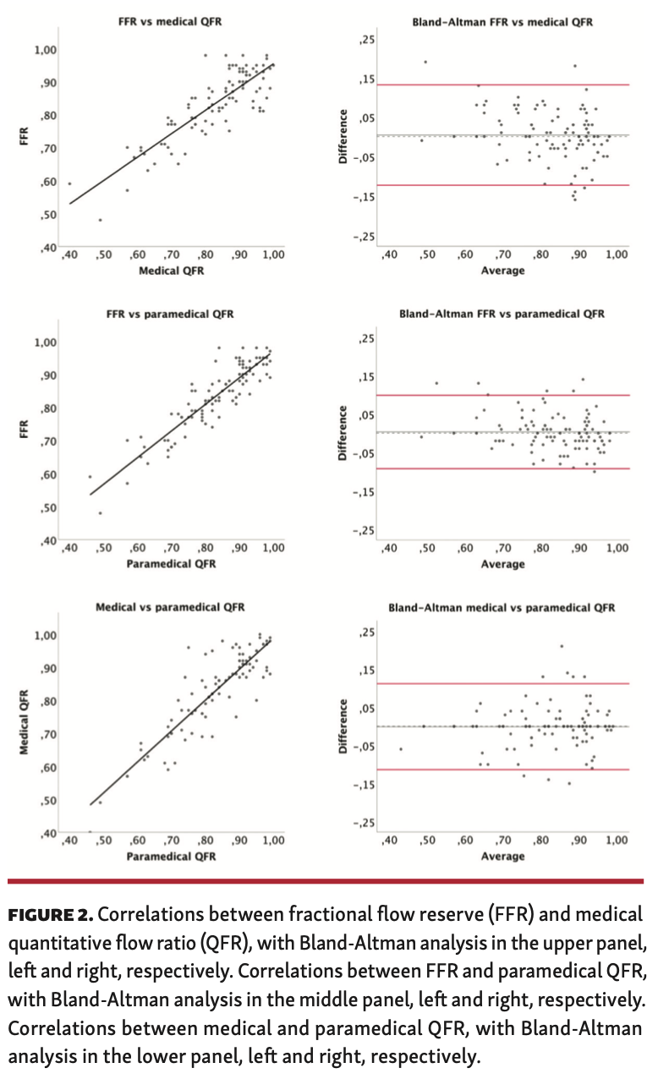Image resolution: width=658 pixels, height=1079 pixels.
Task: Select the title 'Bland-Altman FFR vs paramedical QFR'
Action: click(x=502, y=314)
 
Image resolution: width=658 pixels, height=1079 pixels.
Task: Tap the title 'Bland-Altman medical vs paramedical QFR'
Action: click(x=502, y=607)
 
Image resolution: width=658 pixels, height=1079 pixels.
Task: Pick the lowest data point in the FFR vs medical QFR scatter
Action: click(x=100, y=220)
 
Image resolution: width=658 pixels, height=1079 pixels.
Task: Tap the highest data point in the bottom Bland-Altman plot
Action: click(x=561, y=646)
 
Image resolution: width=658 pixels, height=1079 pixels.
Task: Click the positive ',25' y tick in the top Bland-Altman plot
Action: click(x=366, y=41)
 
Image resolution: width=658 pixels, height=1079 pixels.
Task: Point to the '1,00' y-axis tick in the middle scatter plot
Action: click(x=45, y=342)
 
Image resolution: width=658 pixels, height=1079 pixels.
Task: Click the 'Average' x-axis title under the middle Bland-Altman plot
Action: click(x=502, y=564)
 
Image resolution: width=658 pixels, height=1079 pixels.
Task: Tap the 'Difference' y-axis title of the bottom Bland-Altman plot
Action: click(x=343, y=726)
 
